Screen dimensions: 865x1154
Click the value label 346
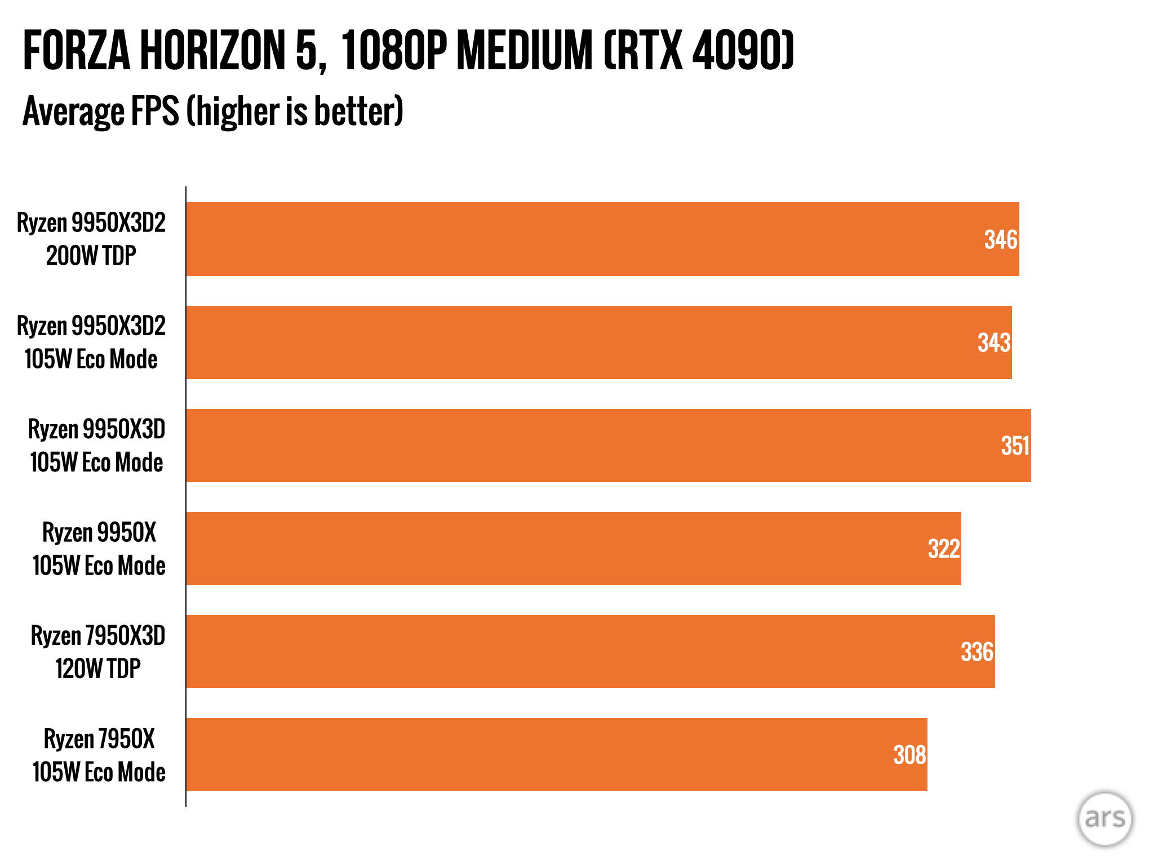1000,240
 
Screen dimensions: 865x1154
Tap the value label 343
993,343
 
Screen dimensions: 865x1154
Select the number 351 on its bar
1015,446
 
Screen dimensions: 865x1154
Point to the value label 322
943,549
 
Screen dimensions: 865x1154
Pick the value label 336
977,652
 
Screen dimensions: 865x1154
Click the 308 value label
909,755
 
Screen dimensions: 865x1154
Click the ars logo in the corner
1104,819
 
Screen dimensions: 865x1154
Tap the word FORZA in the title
77,51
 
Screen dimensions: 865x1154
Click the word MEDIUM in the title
525,51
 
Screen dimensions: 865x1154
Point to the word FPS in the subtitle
155,111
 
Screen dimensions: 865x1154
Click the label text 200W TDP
91,256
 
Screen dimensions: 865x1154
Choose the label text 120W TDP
98,669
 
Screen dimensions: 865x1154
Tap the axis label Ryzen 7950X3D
98,636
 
